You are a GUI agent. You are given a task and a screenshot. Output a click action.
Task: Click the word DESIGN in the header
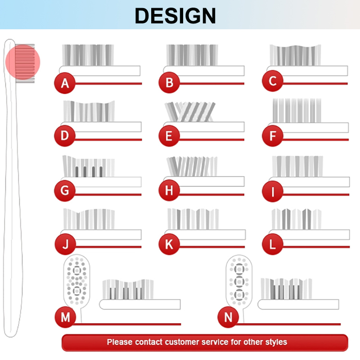pos(175,16)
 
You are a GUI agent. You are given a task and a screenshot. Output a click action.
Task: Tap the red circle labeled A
pos(65,83)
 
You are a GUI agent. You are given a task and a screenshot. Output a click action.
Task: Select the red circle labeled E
pos(169,136)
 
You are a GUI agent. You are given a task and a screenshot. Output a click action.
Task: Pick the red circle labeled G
pos(65,190)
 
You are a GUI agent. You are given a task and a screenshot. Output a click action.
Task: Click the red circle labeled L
pos(273,244)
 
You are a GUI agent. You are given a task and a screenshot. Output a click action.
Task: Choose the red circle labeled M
pos(65,317)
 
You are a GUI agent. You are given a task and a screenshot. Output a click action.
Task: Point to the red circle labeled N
pos(228,317)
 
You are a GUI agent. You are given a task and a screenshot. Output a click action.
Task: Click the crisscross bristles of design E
pos(190,112)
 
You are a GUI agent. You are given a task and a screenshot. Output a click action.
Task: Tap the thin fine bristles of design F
pos(297,110)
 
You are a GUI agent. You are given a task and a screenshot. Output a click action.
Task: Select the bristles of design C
pos(295,55)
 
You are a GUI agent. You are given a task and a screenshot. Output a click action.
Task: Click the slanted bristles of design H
pos(192,166)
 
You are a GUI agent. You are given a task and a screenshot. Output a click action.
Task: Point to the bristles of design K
pos(193,219)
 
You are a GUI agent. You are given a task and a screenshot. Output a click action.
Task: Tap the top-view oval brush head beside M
pos(76,279)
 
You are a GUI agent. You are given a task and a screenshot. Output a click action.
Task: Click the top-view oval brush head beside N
pos(239,280)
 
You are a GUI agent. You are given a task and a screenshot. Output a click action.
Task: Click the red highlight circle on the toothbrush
pos(23,62)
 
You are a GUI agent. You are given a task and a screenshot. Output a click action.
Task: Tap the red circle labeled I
pos(273,191)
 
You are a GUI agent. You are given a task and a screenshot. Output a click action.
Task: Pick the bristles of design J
pos(89,219)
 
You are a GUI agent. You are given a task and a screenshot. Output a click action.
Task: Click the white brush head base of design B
pos(204,71)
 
